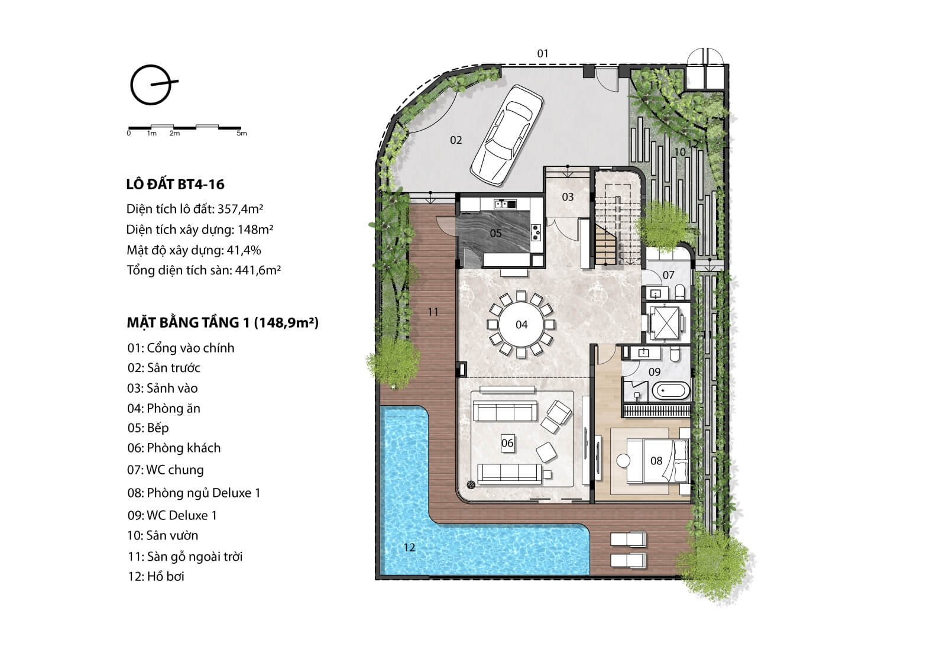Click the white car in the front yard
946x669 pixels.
(507, 135)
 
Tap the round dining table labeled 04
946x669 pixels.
(521, 324)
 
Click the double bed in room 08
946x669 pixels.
(657, 461)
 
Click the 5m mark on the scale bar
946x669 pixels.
(242, 133)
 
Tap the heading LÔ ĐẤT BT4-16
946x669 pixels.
(175, 185)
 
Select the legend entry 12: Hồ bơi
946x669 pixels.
(156, 577)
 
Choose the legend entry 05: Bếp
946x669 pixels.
(148, 428)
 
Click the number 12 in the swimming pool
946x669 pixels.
(409, 547)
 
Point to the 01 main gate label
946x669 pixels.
(543, 53)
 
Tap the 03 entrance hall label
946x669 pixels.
(568, 197)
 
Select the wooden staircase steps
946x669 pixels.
(606, 245)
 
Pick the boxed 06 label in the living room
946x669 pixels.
(507, 443)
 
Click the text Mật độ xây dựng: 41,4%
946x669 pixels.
(194, 250)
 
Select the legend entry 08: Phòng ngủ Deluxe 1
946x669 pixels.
(194, 493)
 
